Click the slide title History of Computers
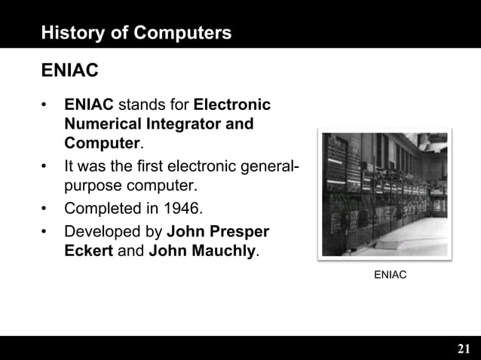pos(136,33)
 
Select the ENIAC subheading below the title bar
pos(69,71)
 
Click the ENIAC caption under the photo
pos(390,276)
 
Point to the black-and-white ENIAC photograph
pos(384,194)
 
